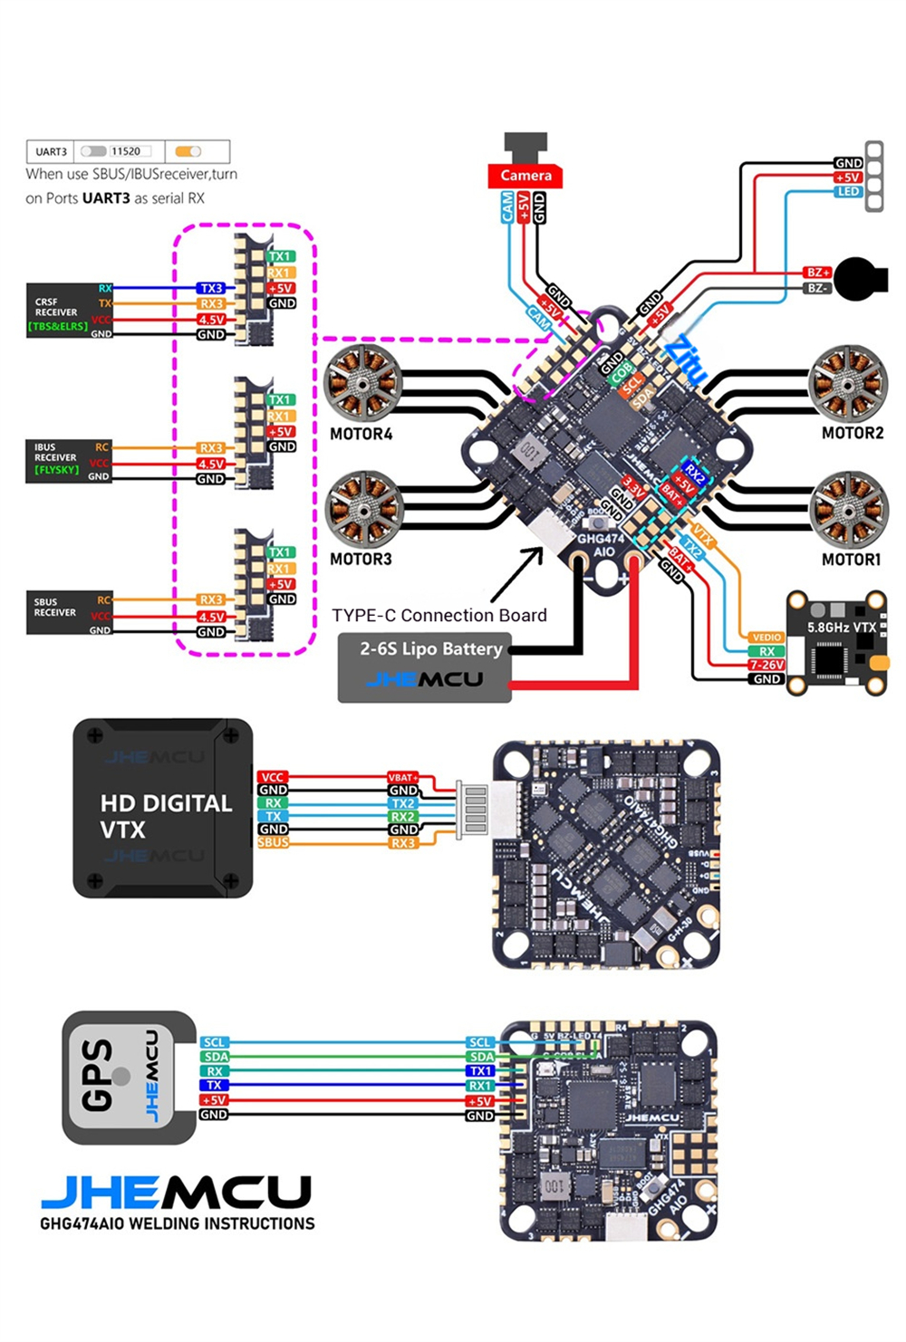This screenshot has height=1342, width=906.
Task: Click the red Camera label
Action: [525, 175]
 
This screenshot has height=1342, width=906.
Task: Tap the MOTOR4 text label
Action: [361, 434]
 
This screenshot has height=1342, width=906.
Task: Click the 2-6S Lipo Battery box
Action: [425, 668]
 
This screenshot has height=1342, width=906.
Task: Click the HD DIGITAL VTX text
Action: [166, 816]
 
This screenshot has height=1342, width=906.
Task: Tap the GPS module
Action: [128, 1078]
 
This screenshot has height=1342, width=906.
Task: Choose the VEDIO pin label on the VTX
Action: [766, 637]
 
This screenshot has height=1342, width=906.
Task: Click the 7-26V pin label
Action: [766, 665]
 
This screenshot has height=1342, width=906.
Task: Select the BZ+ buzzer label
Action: [817, 272]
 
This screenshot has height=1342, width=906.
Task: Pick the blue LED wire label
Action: [847, 192]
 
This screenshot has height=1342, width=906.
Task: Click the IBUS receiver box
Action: [69, 461]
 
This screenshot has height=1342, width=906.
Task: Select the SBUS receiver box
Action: [69, 613]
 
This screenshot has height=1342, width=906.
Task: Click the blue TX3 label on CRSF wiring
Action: [211, 288]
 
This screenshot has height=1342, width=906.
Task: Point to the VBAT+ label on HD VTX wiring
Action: [403, 777]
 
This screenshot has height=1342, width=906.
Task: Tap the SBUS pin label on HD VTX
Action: [273, 842]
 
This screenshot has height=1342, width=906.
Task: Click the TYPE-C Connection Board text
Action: [439, 615]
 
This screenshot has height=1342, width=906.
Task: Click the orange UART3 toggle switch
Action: [188, 151]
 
